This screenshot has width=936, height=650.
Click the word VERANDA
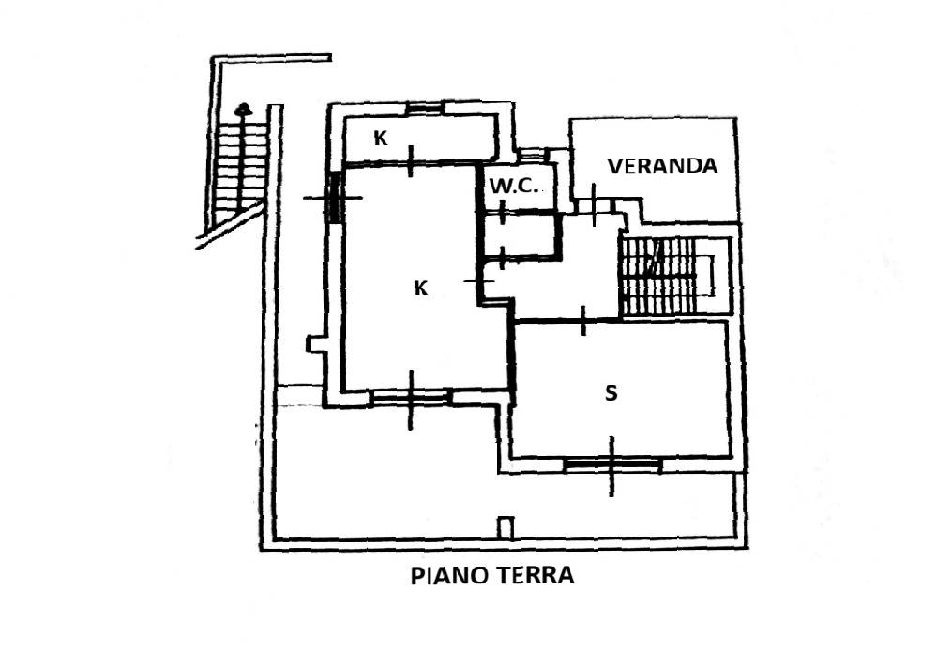(662, 165)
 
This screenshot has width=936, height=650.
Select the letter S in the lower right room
(611, 393)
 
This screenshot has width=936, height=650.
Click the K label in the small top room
(380, 139)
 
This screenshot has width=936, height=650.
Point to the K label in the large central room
(421, 288)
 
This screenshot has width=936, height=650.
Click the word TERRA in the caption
(535, 576)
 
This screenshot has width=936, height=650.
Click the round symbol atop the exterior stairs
(243, 110)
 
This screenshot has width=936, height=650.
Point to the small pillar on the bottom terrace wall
(506, 528)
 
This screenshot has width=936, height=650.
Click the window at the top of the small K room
(425, 108)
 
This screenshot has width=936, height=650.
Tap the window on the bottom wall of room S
(613, 464)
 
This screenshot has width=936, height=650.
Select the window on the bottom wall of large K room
(410, 397)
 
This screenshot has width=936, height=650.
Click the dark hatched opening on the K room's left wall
(334, 197)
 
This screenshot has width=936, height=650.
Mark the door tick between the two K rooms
(410, 161)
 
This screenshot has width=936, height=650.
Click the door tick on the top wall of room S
(583, 321)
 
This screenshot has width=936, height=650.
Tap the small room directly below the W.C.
(521, 234)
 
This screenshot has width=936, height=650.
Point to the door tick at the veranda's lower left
(594, 204)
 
